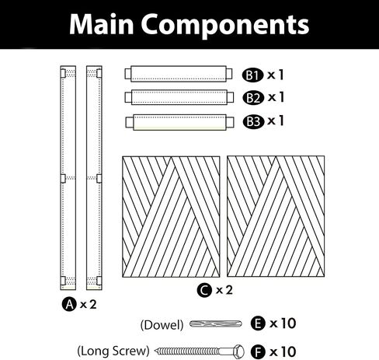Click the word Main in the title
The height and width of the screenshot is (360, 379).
102,24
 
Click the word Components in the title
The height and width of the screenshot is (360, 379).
225,26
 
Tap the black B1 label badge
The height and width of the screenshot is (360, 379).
252,75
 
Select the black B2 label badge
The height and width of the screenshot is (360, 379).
253,98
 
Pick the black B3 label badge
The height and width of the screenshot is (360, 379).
253,122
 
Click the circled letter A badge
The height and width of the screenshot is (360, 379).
69,304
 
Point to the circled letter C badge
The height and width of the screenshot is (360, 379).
204,290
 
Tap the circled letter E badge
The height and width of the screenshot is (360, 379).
258,323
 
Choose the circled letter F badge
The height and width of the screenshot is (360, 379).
258,352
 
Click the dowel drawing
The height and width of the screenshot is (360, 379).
216,324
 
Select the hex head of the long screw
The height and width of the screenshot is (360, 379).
238,351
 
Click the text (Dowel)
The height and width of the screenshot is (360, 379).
162,325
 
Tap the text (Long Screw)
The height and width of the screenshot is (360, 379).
113,351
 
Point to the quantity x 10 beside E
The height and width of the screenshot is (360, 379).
283,323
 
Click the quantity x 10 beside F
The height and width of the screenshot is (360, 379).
283,352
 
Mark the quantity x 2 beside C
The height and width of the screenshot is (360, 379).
224,290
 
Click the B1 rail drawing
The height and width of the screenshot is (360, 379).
179,74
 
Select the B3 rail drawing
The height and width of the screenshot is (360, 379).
179,122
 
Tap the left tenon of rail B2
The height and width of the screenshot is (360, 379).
128,97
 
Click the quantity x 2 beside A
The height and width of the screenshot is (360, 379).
89,304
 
